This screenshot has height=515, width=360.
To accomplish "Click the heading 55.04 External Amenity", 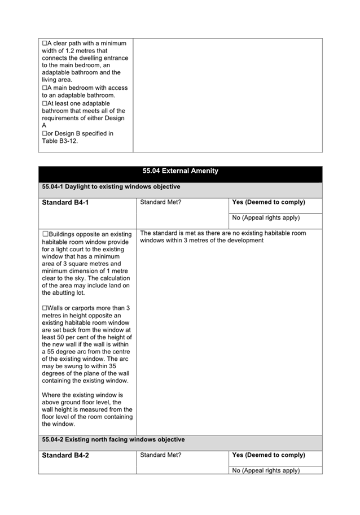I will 180,171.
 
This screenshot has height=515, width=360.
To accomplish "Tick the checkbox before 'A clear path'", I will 45,43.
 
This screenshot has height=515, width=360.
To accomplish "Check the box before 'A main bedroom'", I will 45,88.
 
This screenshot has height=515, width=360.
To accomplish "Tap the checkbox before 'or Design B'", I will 45,134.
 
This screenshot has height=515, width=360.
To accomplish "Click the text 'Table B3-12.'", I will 60,141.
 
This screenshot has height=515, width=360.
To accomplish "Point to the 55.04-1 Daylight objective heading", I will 111,187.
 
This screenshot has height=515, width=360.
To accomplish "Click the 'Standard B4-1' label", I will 65,203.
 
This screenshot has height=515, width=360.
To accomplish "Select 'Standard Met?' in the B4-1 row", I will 161,202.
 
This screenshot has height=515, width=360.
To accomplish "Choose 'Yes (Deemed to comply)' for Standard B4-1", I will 269,202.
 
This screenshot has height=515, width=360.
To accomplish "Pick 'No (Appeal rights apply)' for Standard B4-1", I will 266,218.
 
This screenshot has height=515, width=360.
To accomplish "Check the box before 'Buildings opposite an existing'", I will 45,234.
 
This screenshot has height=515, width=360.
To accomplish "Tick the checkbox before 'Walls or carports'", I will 45,308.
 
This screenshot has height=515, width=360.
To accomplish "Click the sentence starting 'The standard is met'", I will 223,237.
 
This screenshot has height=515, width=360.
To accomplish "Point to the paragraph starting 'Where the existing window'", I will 87,409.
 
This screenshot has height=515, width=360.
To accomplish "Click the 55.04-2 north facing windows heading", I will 113,439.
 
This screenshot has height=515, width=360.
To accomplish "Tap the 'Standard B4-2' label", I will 65,456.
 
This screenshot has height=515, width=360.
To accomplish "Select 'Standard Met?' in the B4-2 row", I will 161,455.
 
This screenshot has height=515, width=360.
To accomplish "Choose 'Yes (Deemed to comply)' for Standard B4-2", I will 269,455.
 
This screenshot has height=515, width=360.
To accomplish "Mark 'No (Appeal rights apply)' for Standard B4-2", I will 266,470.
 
